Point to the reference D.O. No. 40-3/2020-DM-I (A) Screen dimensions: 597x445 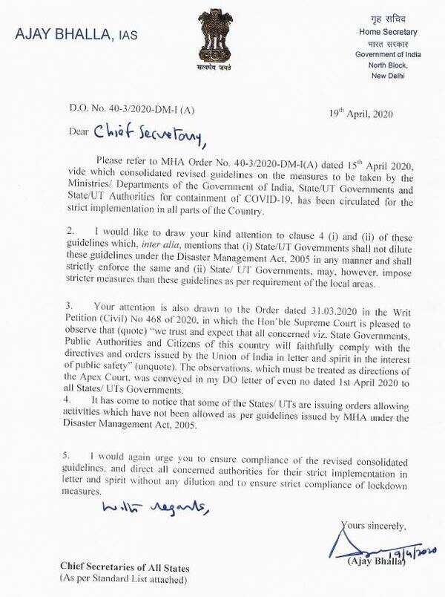pyautogui.click(x=111, y=112)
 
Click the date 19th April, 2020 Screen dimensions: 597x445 pyautogui.click(x=360, y=114)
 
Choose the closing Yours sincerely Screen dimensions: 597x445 pyautogui.click(x=373, y=526)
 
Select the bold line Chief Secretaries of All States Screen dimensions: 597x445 pyautogui.click(x=125, y=567)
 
